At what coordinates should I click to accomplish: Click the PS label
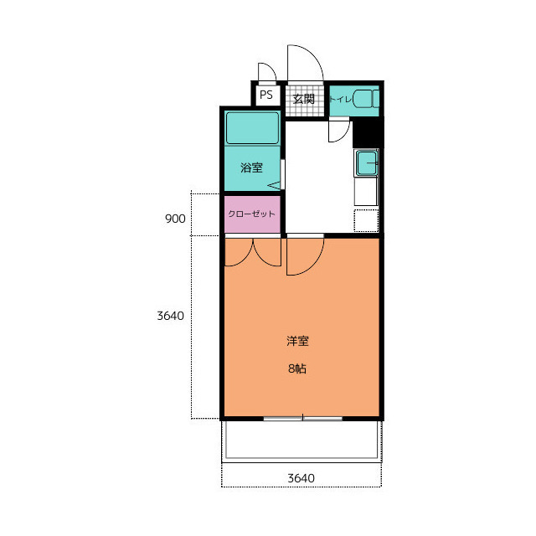click(266, 95)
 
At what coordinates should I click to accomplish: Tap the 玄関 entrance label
click(304, 99)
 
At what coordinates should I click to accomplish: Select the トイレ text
click(341, 99)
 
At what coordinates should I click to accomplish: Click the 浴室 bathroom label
click(251, 167)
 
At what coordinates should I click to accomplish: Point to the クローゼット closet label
click(251, 214)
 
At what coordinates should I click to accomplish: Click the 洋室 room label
click(297, 341)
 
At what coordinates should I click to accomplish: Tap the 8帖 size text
click(297, 368)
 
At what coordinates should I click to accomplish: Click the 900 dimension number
click(175, 219)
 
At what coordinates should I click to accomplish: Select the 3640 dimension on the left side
click(170, 316)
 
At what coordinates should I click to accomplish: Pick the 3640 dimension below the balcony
click(301, 478)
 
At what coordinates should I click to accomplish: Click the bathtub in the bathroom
click(252, 128)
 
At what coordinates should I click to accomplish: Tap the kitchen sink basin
click(367, 162)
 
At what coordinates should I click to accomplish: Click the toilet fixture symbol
click(366, 99)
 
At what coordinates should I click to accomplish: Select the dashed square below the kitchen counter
click(366, 220)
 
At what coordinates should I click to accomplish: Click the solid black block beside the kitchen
click(368, 132)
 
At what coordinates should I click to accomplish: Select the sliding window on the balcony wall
click(303, 419)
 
